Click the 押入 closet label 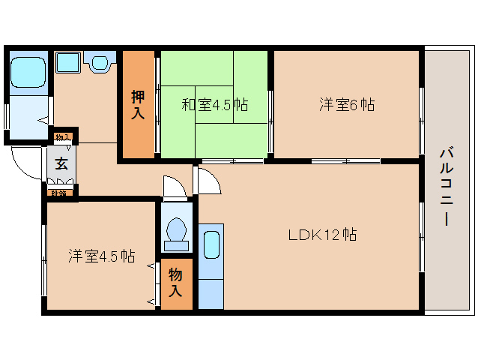coord(138,103)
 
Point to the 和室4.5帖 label coord(214,104)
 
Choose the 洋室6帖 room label coord(347,105)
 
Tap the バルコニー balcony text coord(445,187)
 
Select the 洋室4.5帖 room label coord(102,256)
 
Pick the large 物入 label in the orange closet coord(176,283)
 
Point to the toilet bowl coord(177,232)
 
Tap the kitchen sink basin coord(211,244)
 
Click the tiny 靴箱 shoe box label coord(58,193)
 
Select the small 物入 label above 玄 coord(63,137)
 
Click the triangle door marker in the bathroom coord(43,119)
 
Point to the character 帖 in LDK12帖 coord(348,234)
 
